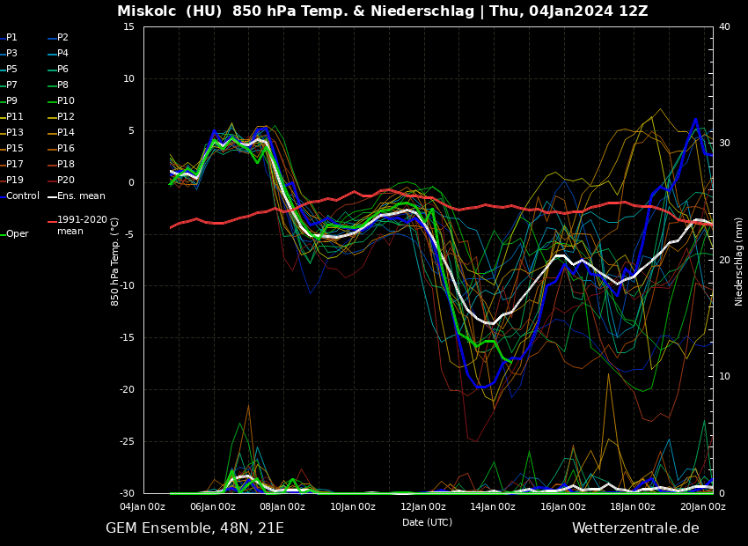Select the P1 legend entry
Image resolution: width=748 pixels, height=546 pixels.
click(x=11, y=38)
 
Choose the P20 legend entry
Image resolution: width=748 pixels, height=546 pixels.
click(x=66, y=180)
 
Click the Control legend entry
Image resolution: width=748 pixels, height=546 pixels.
click(x=23, y=196)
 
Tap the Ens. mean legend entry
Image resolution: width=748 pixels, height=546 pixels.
click(x=81, y=196)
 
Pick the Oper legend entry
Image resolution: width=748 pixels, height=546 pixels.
click(x=17, y=233)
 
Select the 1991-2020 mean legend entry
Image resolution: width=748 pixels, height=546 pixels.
click(x=82, y=225)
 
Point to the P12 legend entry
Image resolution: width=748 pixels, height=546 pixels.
click(x=66, y=116)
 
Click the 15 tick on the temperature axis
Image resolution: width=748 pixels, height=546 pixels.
click(x=128, y=26)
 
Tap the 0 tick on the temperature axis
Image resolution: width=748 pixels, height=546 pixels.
click(x=131, y=182)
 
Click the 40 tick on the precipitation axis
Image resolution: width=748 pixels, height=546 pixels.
click(x=724, y=26)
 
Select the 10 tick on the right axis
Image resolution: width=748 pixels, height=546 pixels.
click(x=724, y=376)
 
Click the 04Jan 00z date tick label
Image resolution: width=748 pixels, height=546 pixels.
click(x=143, y=506)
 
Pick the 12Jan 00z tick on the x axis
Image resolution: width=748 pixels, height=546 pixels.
click(x=423, y=506)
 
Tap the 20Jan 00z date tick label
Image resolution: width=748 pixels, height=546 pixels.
click(x=703, y=506)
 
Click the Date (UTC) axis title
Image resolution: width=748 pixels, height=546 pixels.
click(x=427, y=522)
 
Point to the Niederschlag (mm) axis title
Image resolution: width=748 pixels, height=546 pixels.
click(x=739, y=261)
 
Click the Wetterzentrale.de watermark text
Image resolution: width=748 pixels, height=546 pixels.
click(x=635, y=528)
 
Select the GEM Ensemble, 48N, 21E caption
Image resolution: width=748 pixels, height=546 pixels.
click(x=194, y=528)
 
